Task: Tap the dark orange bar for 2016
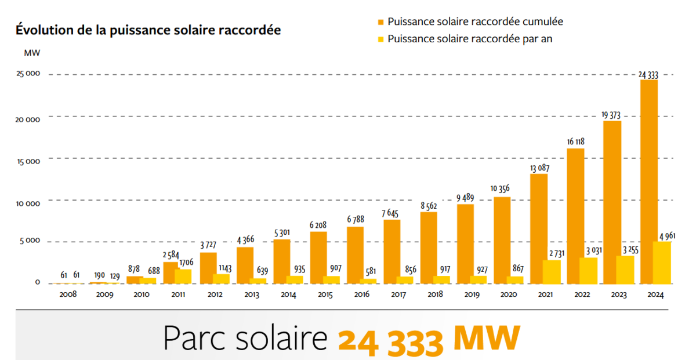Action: pyautogui.click(x=356, y=255)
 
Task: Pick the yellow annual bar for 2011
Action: pyautogui.click(x=183, y=276)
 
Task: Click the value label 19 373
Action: pyautogui.click(x=612, y=115)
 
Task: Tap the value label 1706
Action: pyautogui.click(x=187, y=263)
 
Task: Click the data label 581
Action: pyautogui.click(x=371, y=270)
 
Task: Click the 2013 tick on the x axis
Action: pyautogui.click(x=251, y=294)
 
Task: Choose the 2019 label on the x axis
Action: pyautogui.click(x=470, y=294)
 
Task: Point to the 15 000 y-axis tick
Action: pyautogui.click(x=28, y=161)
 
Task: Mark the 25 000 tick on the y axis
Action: pyautogui.click(x=28, y=75)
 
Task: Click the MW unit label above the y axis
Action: pyautogui.click(x=32, y=53)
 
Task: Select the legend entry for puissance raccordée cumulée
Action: pyautogui.click(x=475, y=21)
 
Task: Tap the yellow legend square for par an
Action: pyautogui.click(x=380, y=39)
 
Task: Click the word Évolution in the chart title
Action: pyautogui.click(x=41, y=30)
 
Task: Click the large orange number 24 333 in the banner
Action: pyautogui.click(x=391, y=340)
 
